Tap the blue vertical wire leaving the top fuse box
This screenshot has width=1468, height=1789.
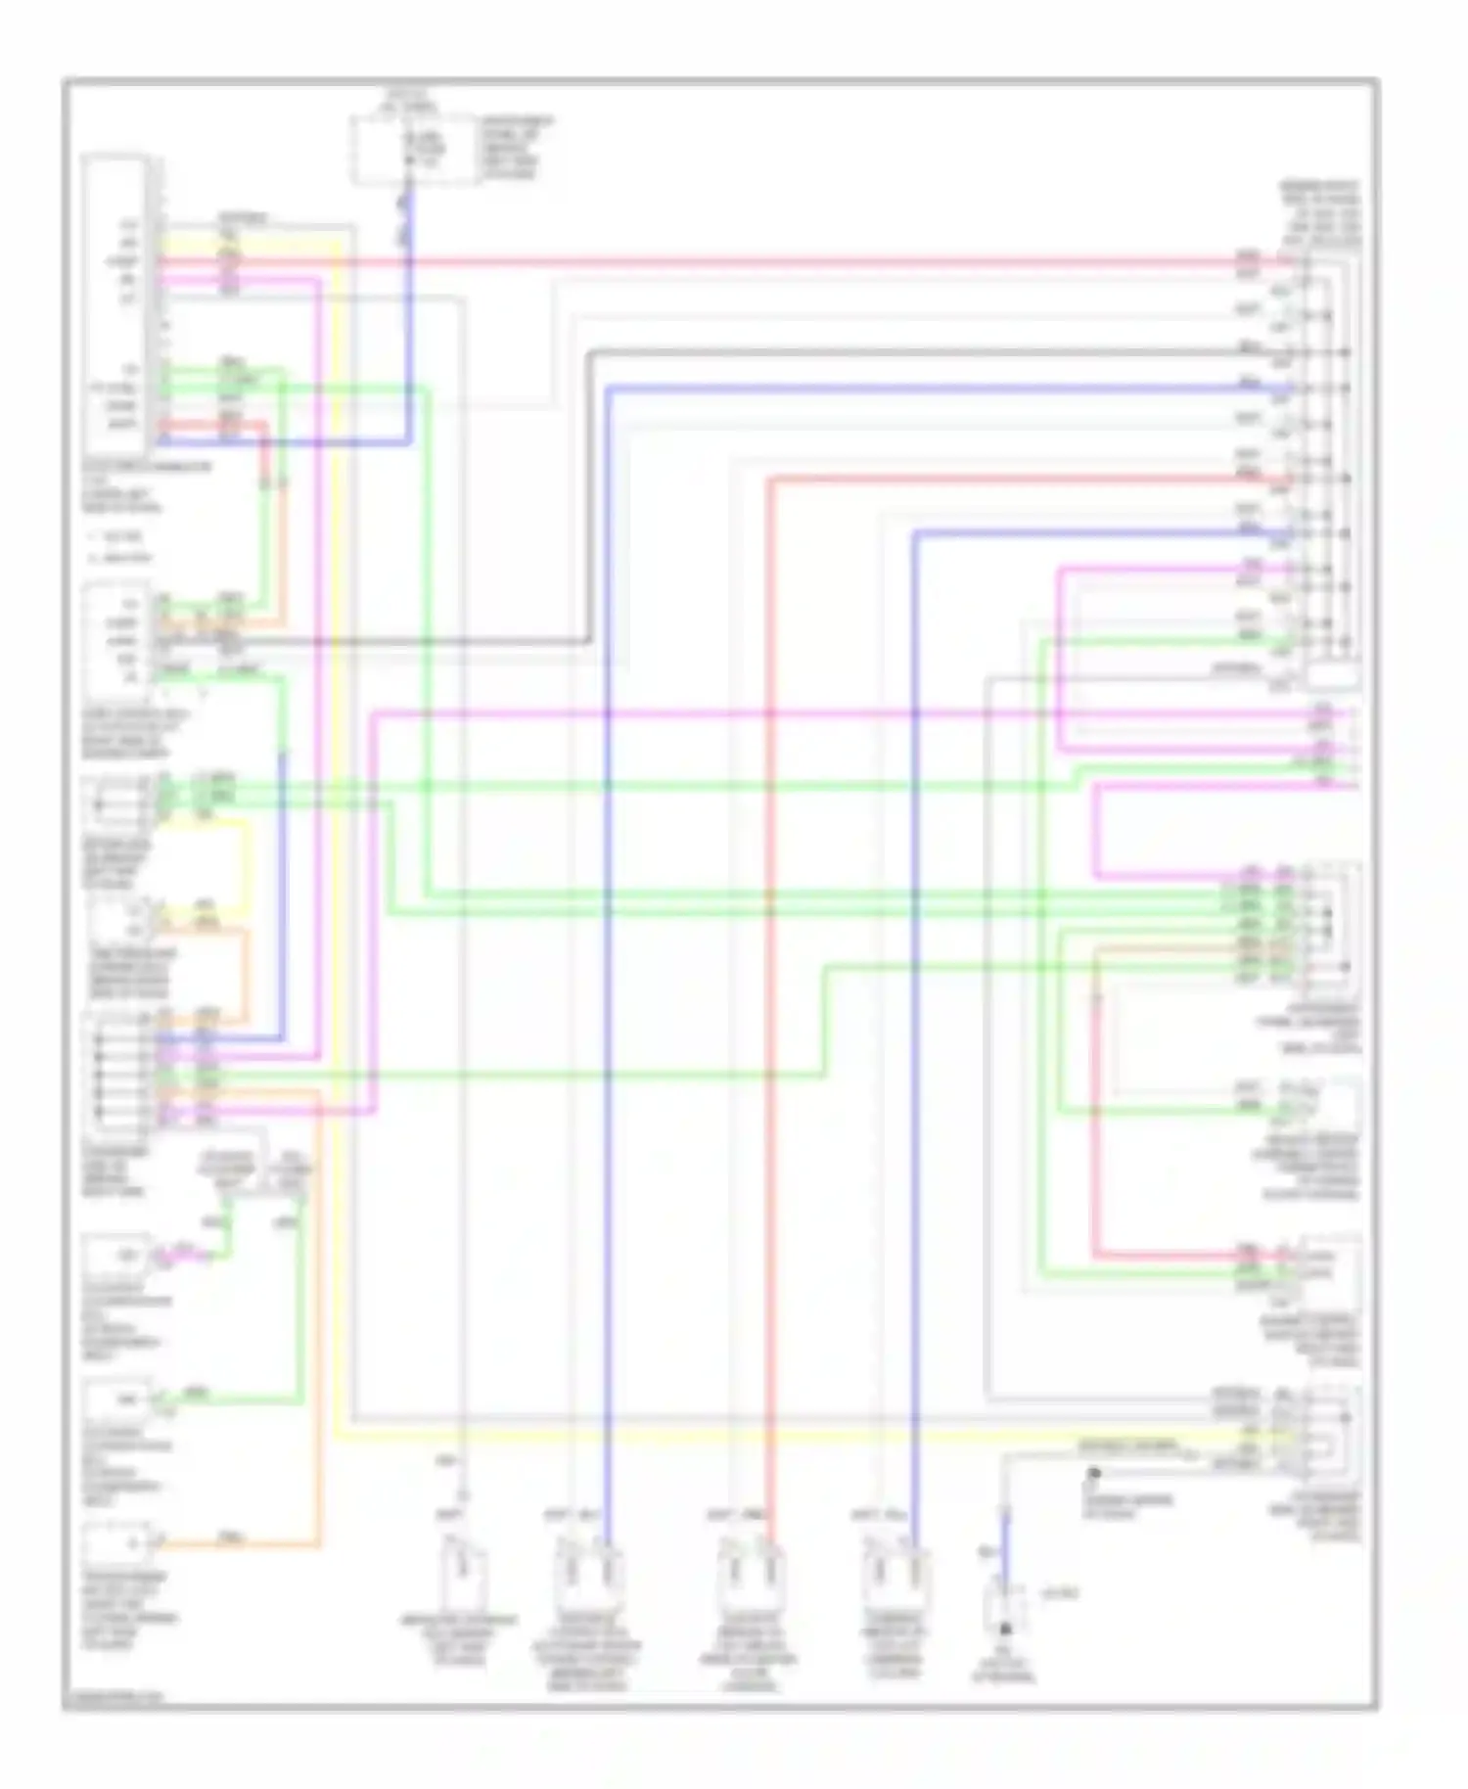tap(409, 313)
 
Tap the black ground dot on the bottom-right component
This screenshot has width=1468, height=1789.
tap(1003, 1629)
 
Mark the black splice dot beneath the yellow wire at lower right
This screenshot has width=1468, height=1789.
tap(1094, 1472)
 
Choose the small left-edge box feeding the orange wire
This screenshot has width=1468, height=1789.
tap(115, 1543)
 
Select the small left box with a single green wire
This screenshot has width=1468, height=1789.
tap(115, 1400)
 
